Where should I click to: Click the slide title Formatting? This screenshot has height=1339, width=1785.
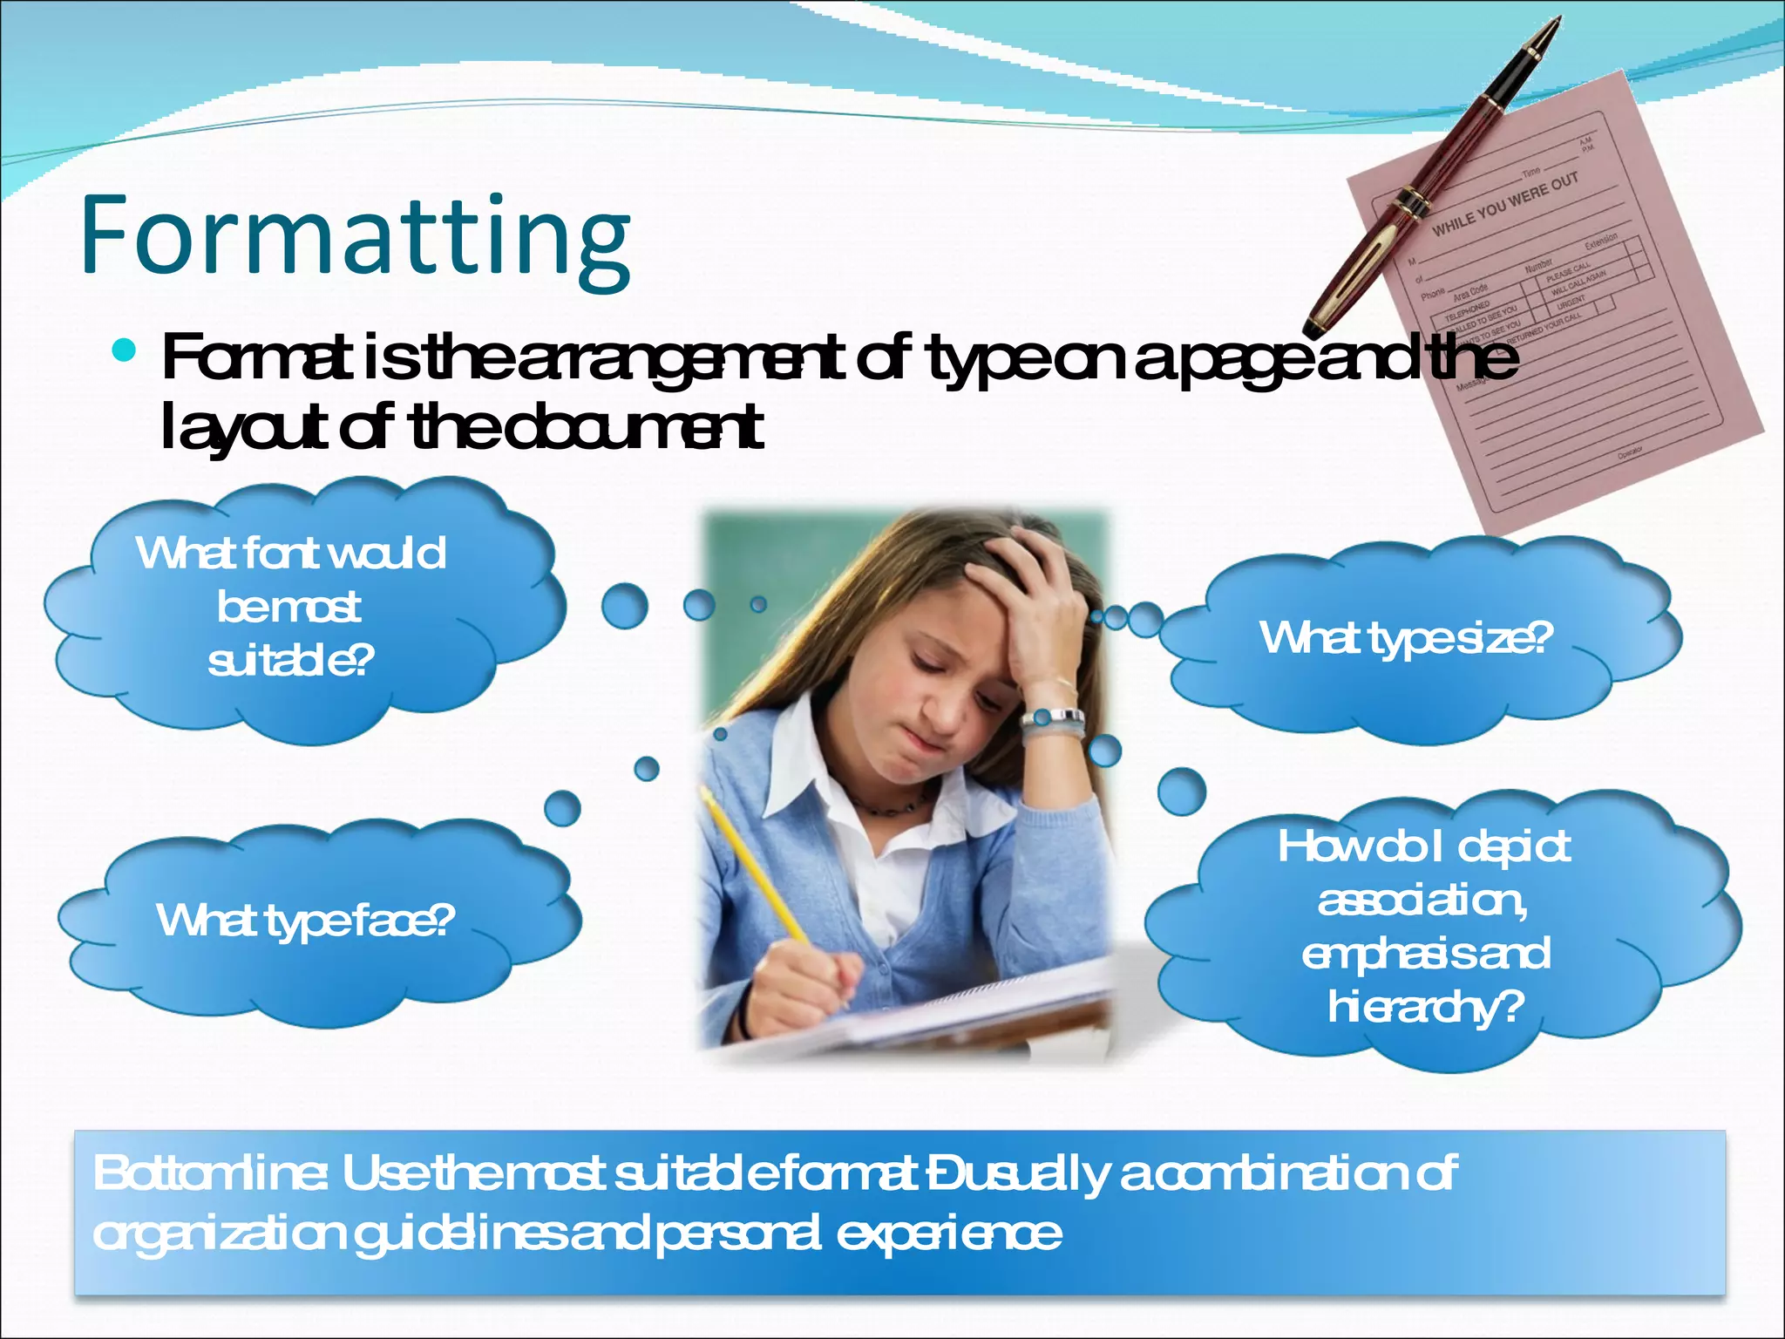356,235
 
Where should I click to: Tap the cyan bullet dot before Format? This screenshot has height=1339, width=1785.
125,350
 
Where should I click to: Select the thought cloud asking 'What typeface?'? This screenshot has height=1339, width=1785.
305,921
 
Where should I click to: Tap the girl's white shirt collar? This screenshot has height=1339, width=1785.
797,767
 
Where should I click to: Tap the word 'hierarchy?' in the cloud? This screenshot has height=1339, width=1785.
1426,1008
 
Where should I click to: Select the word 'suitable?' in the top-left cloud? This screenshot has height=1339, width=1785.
291,661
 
